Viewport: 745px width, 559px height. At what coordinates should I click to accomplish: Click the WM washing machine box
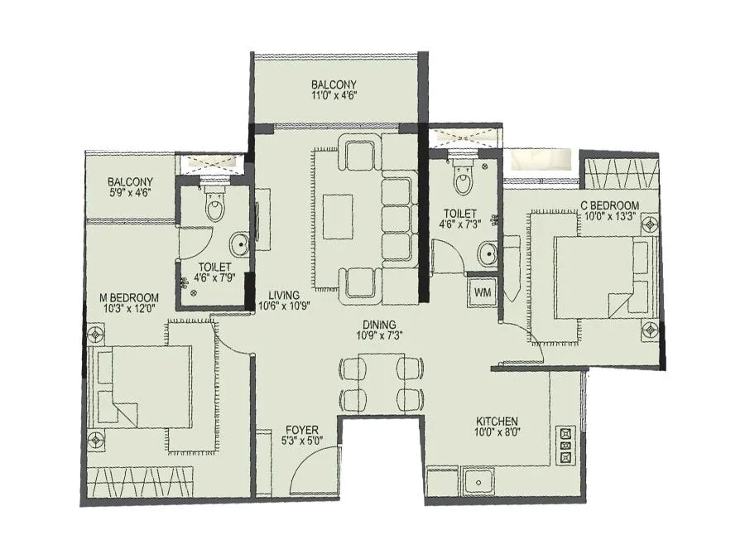pyautogui.click(x=482, y=292)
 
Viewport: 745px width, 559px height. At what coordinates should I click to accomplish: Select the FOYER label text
pyautogui.click(x=303, y=429)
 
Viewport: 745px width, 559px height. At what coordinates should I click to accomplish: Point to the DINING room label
pyautogui.click(x=377, y=325)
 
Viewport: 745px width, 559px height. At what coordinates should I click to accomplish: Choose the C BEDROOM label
pyautogui.click(x=609, y=205)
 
